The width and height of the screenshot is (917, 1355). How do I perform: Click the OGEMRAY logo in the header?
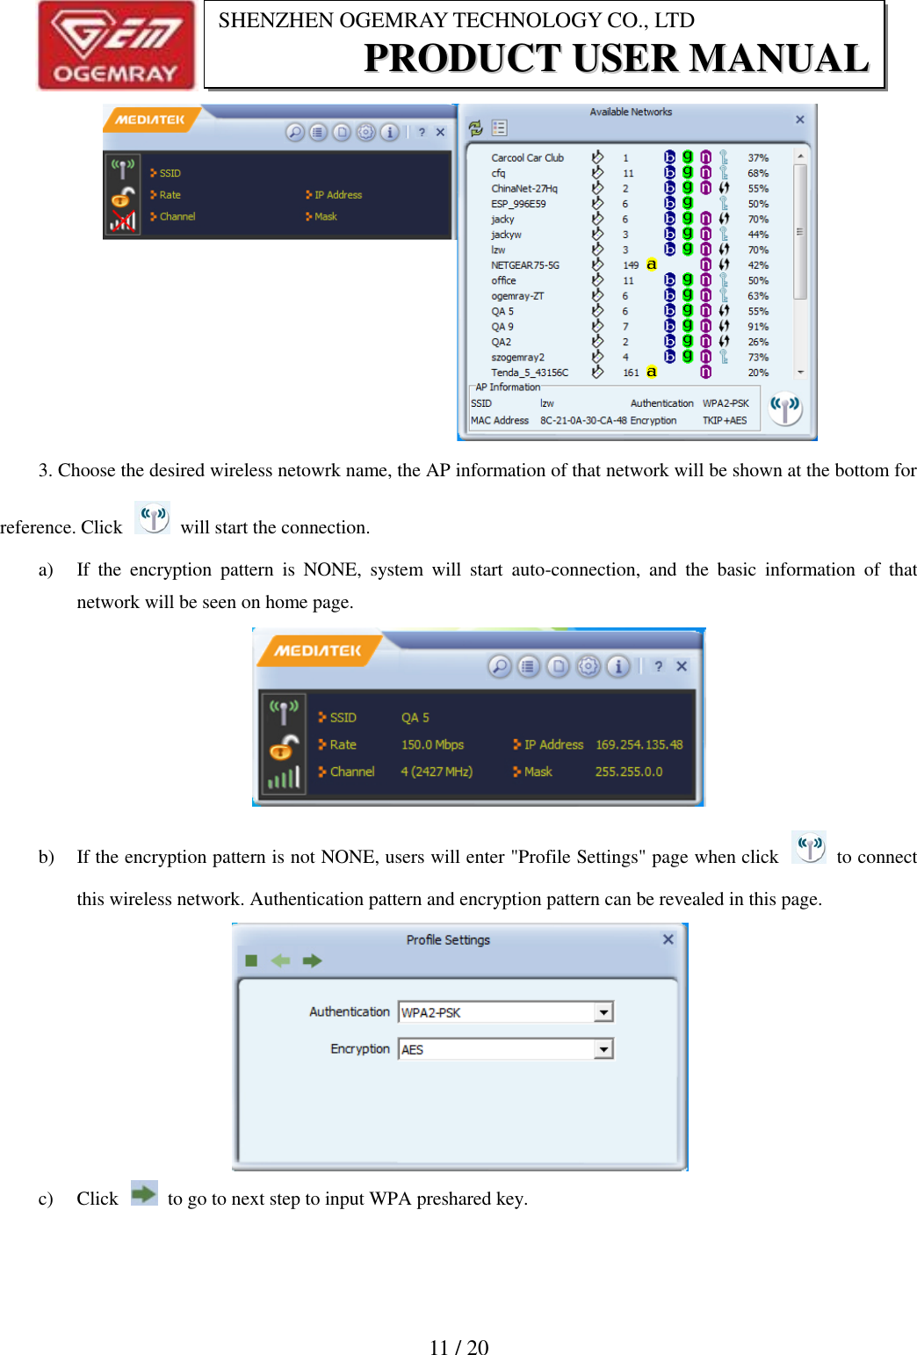pyautogui.click(x=115, y=46)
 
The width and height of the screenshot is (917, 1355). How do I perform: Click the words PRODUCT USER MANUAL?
pyautogui.click(x=616, y=58)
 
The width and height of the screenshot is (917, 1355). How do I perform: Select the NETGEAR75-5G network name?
pyautogui.click(x=524, y=265)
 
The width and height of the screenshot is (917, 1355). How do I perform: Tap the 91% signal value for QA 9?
pyautogui.click(x=757, y=327)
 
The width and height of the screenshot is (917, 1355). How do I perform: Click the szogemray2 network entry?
pyautogui.click(x=517, y=358)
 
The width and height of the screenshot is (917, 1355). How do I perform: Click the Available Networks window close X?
pyautogui.click(x=799, y=120)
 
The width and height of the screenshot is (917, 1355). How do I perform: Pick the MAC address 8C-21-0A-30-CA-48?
pyautogui.click(x=583, y=421)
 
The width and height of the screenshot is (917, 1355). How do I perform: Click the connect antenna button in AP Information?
pyautogui.click(x=785, y=408)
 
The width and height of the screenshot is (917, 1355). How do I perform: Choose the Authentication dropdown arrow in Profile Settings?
pyautogui.click(x=603, y=1012)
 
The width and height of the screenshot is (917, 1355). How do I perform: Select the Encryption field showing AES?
pyautogui.click(x=496, y=1049)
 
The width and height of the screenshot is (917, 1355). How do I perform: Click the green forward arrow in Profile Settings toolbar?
pyautogui.click(x=312, y=960)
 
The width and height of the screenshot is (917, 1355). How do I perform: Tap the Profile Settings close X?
pyautogui.click(x=668, y=939)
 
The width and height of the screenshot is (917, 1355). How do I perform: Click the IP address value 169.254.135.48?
pyautogui.click(x=639, y=744)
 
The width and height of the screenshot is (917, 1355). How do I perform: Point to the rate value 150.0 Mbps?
pyautogui.click(x=432, y=744)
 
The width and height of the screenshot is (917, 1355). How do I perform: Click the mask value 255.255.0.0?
pyautogui.click(x=628, y=772)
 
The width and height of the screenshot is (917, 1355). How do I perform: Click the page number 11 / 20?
pyautogui.click(x=458, y=1347)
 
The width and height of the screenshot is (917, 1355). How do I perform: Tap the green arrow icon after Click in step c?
pyautogui.click(x=143, y=1193)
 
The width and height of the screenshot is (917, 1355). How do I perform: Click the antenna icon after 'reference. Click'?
pyautogui.click(x=153, y=518)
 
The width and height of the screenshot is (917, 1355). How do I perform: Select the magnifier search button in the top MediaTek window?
pyautogui.click(x=295, y=132)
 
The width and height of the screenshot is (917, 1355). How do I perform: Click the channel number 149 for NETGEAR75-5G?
pyautogui.click(x=631, y=265)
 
